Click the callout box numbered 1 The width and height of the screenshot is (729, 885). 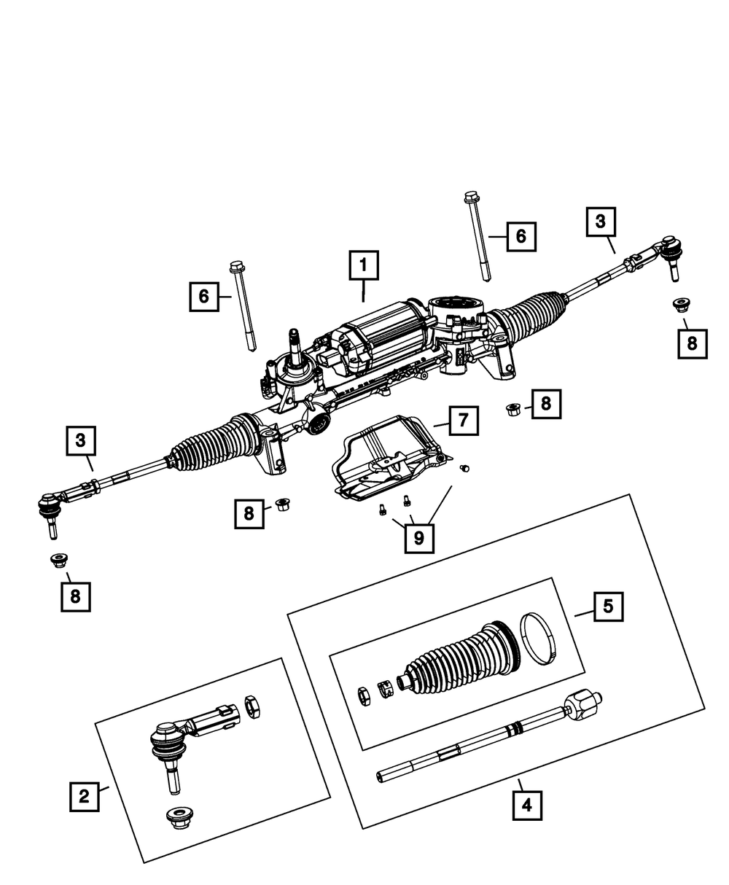pyautogui.click(x=364, y=266)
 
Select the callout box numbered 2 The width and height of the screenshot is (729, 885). pyautogui.click(x=85, y=796)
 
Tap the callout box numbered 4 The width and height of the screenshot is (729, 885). pyautogui.click(x=527, y=806)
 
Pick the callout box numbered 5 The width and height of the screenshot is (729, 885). pyautogui.click(x=608, y=606)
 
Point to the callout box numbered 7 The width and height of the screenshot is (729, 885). pyautogui.click(x=463, y=421)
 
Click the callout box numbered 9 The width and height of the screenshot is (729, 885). pyautogui.click(x=419, y=538)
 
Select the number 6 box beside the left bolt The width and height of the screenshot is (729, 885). pyautogui.click(x=204, y=296)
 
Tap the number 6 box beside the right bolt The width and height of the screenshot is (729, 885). pyautogui.click(x=521, y=236)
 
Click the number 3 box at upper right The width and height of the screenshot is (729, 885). pyautogui.click(x=601, y=222)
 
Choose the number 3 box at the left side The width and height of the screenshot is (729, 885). pyautogui.click(x=81, y=440)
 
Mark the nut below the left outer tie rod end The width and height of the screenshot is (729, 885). pyautogui.click(x=58, y=560)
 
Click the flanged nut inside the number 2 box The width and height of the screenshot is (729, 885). pyautogui.click(x=178, y=816)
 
